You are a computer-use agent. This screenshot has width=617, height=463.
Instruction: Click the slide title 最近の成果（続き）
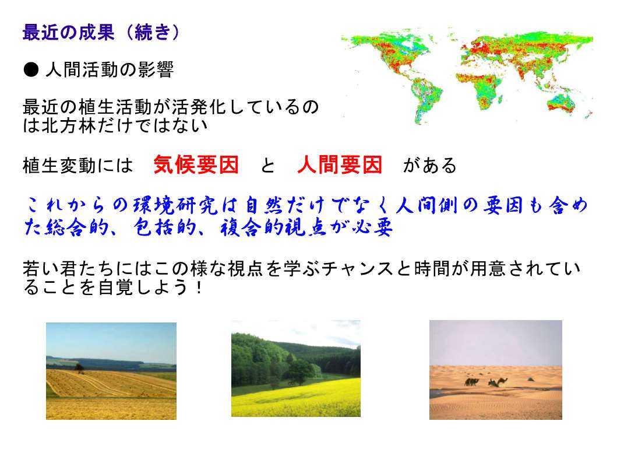click(101, 32)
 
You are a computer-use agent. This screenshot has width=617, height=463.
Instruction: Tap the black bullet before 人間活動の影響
click(31, 70)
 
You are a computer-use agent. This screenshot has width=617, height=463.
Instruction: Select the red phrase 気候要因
click(196, 164)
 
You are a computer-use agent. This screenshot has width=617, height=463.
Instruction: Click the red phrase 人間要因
click(340, 164)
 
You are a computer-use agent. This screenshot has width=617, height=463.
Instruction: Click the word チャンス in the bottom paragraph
click(358, 269)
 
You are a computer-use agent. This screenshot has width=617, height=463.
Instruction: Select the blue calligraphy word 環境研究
click(175, 205)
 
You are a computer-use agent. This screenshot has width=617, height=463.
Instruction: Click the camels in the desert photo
click(486, 381)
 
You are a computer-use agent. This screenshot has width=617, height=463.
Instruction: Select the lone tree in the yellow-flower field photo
click(299, 371)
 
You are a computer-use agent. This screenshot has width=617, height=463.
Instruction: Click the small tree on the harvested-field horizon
click(79, 368)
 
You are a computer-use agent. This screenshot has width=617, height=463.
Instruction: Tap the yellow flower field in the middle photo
click(296, 398)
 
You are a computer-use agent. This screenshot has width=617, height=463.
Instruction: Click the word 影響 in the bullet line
click(154, 70)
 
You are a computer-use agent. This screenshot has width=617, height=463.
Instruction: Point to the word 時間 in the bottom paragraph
click(432, 269)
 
